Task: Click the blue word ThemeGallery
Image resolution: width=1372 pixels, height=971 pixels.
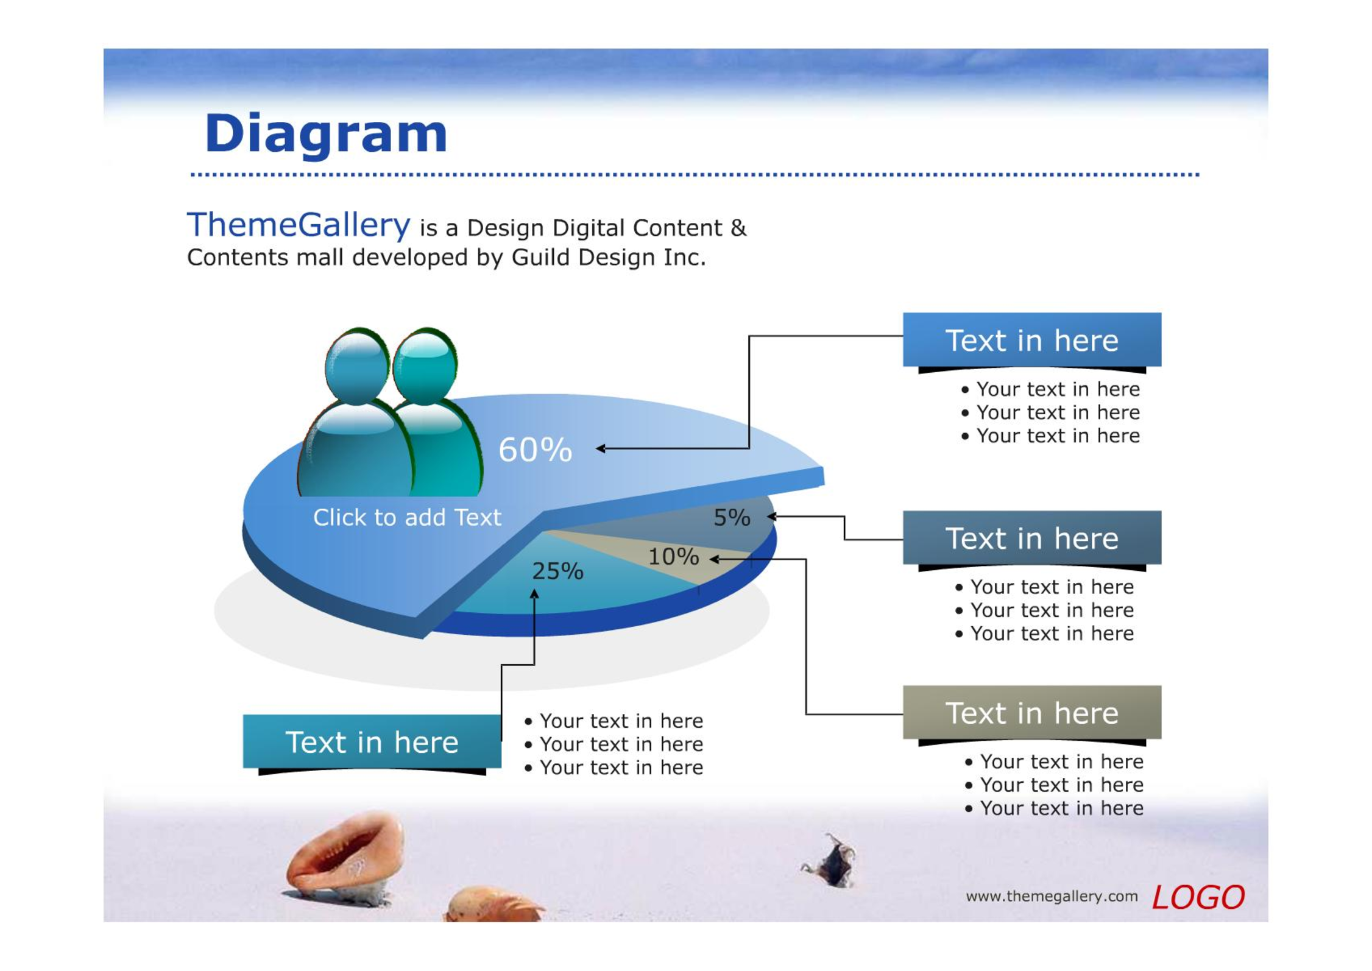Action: tap(299, 225)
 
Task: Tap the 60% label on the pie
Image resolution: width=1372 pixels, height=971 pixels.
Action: tap(535, 450)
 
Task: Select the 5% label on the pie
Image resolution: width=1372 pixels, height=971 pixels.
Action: tap(732, 517)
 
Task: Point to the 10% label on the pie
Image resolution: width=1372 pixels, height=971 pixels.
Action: tap(673, 556)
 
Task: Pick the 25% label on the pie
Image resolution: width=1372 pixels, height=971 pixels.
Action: tap(557, 571)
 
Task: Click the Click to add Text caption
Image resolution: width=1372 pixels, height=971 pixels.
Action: tap(407, 517)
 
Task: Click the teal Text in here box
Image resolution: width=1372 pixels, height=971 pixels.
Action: tap(372, 741)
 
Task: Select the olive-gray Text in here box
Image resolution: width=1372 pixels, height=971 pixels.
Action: tap(1031, 712)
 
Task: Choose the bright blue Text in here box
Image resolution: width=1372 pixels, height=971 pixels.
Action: tap(1031, 339)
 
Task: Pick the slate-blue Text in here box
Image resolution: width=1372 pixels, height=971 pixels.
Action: tap(1031, 538)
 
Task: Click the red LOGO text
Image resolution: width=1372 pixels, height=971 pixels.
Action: tap(1198, 897)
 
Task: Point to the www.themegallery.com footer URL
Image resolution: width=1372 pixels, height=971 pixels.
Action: tap(1052, 896)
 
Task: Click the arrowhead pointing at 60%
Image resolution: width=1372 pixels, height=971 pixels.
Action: tap(600, 448)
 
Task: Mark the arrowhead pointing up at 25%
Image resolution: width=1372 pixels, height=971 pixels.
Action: tap(534, 594)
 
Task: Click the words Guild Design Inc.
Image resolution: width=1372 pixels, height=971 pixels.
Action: tap(609, 258)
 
